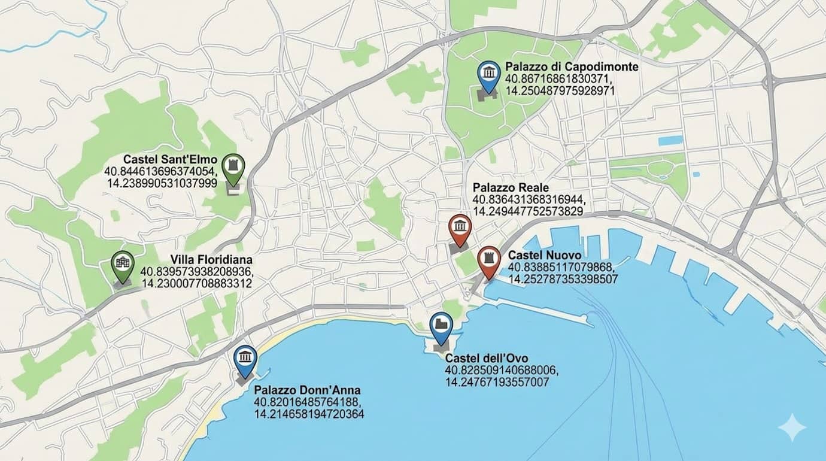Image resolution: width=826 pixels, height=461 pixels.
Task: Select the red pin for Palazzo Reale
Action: click(460, 228)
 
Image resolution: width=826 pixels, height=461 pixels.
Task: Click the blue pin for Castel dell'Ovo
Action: click(441, 326)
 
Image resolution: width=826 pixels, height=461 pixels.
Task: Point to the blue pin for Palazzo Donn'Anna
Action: click(245, 359)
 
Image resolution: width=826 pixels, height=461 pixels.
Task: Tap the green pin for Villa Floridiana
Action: click(123, 265)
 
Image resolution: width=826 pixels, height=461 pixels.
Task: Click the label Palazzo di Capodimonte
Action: click(572, 66)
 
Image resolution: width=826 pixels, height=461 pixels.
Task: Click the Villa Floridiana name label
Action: click(211, 260)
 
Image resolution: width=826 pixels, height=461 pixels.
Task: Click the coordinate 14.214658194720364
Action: click(309, 414)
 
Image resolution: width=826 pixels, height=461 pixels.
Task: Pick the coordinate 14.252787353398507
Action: click(563, 279)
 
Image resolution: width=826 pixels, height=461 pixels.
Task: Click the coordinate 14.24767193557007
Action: click(497, 381)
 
